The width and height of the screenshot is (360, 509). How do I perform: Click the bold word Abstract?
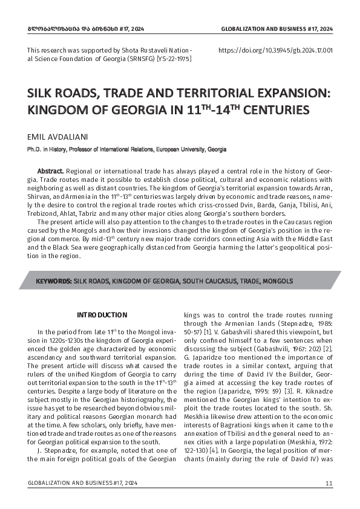point(50,171)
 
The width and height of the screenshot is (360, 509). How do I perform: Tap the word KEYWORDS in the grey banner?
point(54,282)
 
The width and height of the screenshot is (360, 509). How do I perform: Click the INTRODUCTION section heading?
point(102,315)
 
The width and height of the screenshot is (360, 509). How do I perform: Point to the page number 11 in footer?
point(329,483)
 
